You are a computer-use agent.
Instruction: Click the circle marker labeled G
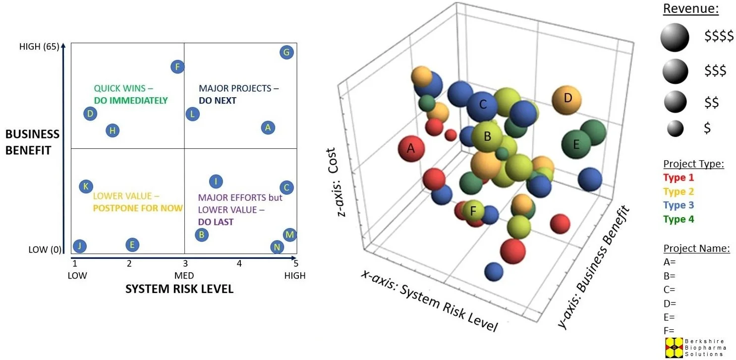click(x=286, y=52)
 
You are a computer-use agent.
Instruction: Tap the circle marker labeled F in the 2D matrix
click(x=177, y=67)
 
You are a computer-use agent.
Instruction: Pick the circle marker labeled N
click(x=277, y=247)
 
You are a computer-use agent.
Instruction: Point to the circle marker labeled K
click(x=86, y=186)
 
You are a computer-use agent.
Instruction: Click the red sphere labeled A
click(x=411, y=148)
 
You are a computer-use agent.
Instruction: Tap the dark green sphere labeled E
click(x=576, y=144)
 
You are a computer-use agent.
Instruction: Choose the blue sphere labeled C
click(x=483, y=105)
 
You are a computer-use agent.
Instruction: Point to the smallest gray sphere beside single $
click(x=675, y=129)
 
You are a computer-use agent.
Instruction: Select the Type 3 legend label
click(x=678, y=205)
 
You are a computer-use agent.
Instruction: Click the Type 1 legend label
click(x=678, y=178)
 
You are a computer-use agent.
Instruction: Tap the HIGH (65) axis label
click(x=39, y=47)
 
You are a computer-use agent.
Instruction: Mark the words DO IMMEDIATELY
click(x=131, y=101)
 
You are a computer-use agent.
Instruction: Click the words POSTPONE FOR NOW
click(x=138, y=208)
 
